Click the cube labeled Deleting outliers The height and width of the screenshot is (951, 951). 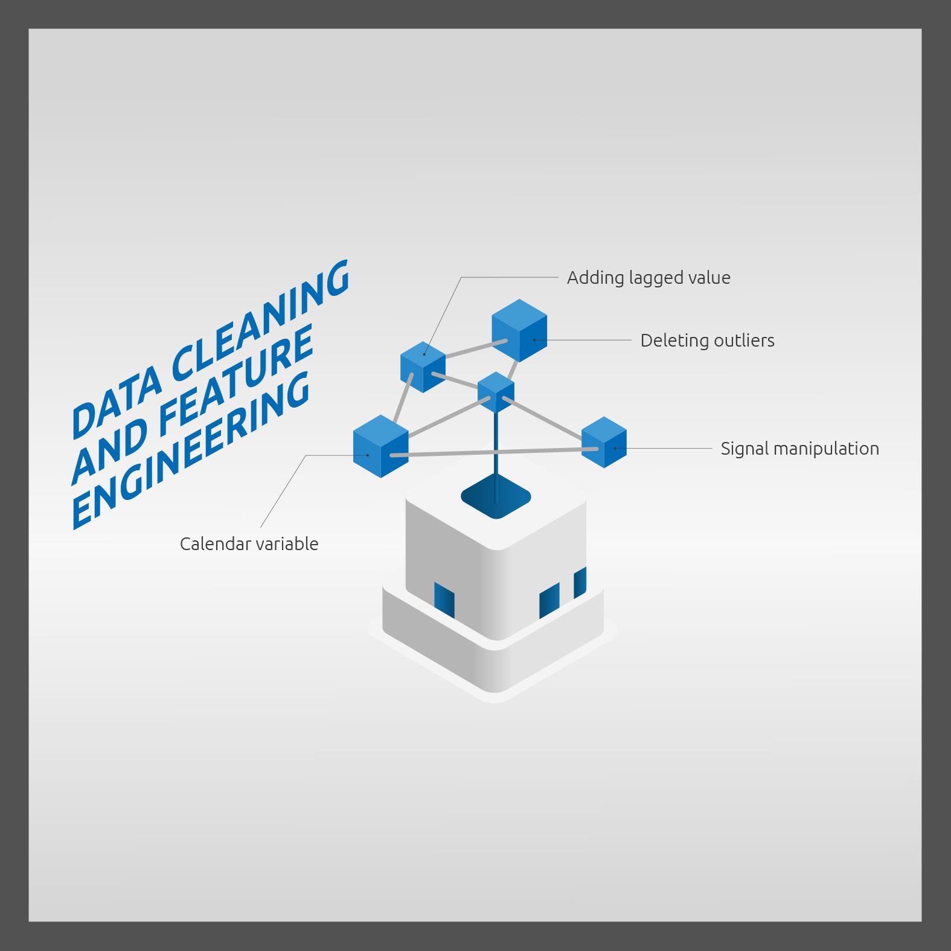pyautogui.click(x=519, y=330)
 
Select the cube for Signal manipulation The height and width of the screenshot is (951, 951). pyautogui.click(x=604, y=442)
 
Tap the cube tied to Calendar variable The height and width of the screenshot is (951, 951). pyautogui.click(x=380, y=446)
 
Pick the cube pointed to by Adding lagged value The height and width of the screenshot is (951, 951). pyautogui.click(x=423, y=367)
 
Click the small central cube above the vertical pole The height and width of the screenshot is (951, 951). pyautogui.click(x=496, y=392)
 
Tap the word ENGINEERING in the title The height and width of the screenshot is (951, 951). pyautogui.click(x=191, y=449)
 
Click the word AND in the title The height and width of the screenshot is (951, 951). pyautogui.click(x=109, y=453)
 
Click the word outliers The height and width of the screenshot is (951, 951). pyautogui.click(x=743, y=341)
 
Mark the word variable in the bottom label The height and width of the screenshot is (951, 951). pyautogui.click(x=287, y=544)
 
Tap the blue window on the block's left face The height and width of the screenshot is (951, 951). pyautogui.click(x=444, y=600)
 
